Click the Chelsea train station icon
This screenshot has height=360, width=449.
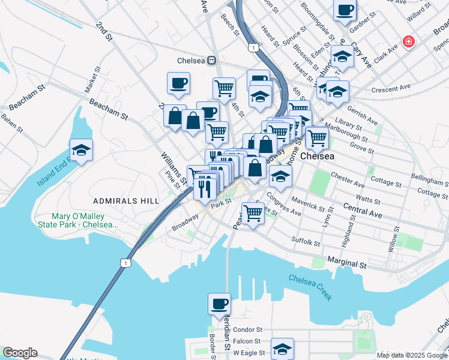click(211, 61)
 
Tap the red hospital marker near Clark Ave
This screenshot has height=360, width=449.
click(409, 41)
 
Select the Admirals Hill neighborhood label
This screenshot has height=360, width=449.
click(126, 200)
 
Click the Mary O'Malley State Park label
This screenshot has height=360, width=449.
click(76, 220)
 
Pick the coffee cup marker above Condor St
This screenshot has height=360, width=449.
click(219, 303)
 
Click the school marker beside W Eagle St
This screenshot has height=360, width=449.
click(282, 349)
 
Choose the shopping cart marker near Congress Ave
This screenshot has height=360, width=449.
click(253, 212)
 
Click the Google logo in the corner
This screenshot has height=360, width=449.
click(19, 353)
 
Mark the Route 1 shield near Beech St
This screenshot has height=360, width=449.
click(253, 47)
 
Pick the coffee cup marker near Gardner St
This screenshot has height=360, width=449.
click(345, 10)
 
